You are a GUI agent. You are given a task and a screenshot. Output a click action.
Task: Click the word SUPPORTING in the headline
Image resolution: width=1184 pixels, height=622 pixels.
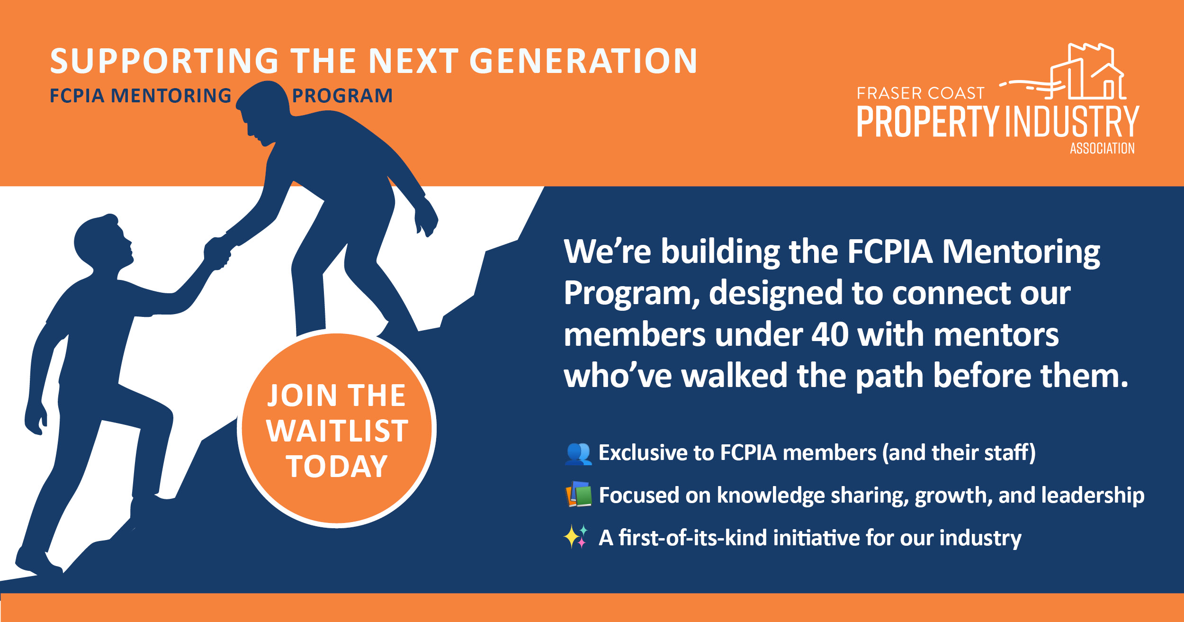[164, 61]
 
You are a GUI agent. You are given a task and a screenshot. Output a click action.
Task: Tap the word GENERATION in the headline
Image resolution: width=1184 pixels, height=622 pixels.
[583, 61]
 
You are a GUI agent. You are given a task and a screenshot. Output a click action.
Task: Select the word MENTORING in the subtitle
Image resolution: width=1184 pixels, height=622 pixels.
[170, 96]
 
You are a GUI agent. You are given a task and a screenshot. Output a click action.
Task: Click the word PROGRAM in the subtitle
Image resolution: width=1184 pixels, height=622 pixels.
[342, 96]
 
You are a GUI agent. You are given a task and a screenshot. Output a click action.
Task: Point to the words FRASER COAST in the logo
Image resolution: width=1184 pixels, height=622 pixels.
[921, 93]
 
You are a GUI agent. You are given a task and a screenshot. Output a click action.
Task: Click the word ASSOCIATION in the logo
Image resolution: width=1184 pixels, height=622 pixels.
[1102, 148]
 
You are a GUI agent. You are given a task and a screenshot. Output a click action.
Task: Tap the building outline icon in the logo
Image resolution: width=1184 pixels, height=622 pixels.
[1063, 71]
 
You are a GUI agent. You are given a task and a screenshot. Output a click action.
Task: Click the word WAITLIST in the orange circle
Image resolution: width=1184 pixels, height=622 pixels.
[337, 431]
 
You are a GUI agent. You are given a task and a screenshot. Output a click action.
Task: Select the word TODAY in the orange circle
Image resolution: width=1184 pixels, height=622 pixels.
[337, 466]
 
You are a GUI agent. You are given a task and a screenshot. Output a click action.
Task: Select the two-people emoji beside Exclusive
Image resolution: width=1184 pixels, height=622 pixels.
[578, 453]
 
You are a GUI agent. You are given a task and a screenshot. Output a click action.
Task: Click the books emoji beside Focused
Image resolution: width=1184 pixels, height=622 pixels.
[578, 494]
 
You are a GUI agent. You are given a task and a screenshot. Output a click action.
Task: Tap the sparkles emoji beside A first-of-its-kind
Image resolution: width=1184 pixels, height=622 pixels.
[576, 537]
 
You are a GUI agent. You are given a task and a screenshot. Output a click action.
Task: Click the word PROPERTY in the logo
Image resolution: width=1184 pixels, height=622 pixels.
[928, 122]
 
